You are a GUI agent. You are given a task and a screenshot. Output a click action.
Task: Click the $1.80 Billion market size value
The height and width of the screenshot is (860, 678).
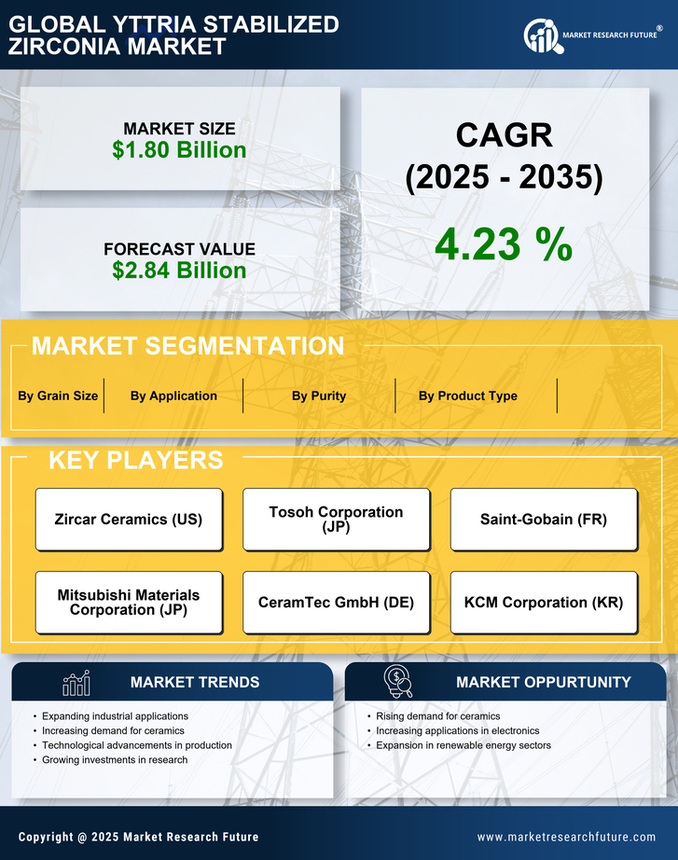click(x=179, y=150)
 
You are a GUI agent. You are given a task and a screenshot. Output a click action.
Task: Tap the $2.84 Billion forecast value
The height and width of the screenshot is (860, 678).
click(x=179, y=270)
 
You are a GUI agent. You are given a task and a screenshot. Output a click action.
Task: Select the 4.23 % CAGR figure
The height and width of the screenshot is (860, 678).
click(x=504, y=244)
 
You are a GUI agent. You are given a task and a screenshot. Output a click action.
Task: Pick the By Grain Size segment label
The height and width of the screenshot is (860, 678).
click(x=58, y=395)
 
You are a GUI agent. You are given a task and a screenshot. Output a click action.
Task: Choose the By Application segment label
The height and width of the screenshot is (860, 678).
click(x=173, y=395)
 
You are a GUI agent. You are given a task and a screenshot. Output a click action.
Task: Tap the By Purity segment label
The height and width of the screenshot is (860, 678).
click(x=319, y=395)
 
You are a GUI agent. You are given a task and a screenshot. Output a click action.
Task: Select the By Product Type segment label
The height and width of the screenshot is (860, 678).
click(x=467, y=395)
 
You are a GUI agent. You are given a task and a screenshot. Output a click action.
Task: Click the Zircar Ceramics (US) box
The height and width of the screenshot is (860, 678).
click(x=129, y=520)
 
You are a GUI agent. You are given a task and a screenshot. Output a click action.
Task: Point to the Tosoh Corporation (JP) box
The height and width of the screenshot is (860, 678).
click(x=336, y=520)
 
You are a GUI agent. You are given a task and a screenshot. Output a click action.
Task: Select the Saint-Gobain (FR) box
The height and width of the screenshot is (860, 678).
click(x=544, y=520)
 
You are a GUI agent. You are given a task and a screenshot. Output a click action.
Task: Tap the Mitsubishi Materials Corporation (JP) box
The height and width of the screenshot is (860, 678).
click(x=129, y=603)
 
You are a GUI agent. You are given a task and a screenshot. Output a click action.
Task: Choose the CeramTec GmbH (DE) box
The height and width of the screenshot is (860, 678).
click(x=336, y=603)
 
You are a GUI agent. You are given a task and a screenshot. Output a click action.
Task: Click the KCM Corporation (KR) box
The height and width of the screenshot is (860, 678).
click(x=544, y=603)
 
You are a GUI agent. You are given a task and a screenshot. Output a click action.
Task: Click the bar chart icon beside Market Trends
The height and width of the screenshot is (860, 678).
click(x=76, y=683)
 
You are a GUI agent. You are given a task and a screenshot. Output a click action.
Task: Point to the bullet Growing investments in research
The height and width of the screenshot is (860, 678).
click(x=115, y=760)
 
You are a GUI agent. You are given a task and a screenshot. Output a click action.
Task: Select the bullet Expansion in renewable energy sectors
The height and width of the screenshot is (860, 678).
click(x=464, y=745)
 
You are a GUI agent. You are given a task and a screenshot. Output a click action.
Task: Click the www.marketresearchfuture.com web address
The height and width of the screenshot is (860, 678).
click(x=566, y=837)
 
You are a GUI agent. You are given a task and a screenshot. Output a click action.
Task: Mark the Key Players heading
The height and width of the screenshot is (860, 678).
click(x=135, y=460)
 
